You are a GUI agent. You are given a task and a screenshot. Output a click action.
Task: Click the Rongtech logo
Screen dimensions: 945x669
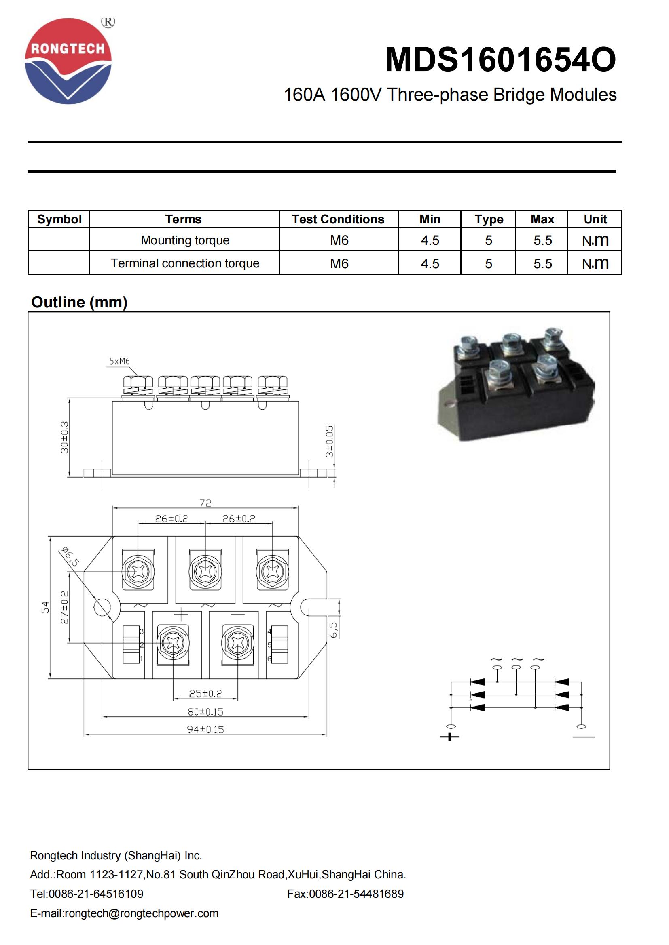pyautogui.click(x=68, y=61)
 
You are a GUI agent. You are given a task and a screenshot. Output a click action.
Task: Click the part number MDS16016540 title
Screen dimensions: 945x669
pyautogui.click(x=500, y=60)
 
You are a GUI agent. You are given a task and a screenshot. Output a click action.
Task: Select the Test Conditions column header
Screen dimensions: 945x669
pyautogui.click(x=338, y=219)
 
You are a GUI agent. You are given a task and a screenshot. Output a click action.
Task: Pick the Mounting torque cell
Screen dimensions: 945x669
pyautogui.click(x=184, y=240)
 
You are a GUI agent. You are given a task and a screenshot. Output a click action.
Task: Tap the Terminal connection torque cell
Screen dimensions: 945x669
pyautogui.click(x=184, y=263)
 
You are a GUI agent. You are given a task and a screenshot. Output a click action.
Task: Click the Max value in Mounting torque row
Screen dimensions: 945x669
pyautogui.click(x=542, y=240)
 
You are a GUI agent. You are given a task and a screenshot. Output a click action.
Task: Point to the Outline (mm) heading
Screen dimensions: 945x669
pyautogui.click(x=80, y=302)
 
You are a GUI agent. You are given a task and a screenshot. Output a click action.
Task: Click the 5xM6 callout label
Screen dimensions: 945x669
pyautogui.click(x=119, y=361)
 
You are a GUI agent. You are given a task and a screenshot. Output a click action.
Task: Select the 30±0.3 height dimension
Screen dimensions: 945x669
pyautogui.click(x=65, y=437)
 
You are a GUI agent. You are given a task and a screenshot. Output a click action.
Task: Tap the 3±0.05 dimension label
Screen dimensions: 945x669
pyautogui.click(x=329, y=441)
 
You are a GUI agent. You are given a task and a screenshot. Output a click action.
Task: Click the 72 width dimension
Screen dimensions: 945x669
pyautogui.click(x=205, y=503)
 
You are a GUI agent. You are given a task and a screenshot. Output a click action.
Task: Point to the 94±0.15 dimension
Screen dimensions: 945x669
pyautogui.click(x=205, y=730)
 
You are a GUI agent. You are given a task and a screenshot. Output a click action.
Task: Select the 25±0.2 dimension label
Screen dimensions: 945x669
pyautogui.click(x=205, y=694)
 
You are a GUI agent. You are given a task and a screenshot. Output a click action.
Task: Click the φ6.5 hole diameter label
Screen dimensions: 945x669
pyautogui.click(x=70, y=557)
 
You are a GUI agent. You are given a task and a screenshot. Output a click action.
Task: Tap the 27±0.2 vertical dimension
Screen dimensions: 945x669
pyautogui.click(x=65, y=608)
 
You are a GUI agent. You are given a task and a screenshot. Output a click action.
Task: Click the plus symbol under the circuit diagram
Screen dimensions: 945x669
pyautogui.click(x=449, y=737)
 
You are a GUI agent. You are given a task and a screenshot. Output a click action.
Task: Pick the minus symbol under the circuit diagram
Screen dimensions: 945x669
pyautogui.click(x=583, y=737)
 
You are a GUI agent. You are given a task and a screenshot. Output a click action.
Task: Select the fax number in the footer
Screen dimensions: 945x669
pyautogui.click(x=345, y=894)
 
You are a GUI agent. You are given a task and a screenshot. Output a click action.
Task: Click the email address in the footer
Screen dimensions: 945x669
pyautogui.click(x=124, y=913)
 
